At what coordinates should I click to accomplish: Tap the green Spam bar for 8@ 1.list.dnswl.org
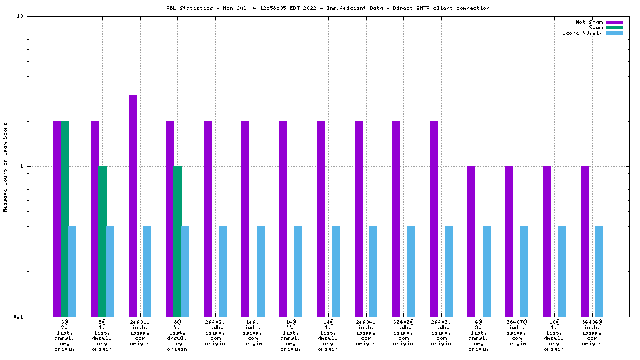pos(102,241)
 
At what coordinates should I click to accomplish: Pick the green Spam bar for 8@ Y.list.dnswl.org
pos(177,241)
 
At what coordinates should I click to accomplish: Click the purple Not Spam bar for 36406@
pos(585,241)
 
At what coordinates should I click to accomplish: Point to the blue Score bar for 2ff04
pos(373,271)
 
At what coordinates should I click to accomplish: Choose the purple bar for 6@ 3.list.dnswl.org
pos(471,241)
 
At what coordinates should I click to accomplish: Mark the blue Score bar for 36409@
pos(411,271)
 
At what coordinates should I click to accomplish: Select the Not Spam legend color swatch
pos(614,22)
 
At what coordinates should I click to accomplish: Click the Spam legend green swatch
pos(614,27)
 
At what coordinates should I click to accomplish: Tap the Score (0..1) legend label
pos(582,33)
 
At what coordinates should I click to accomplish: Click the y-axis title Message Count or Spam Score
pos(5,167)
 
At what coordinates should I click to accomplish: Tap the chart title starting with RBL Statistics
pos(327,8)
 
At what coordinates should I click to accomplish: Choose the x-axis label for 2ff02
pos(215,333)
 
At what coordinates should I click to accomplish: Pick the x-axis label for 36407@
pos(517,333)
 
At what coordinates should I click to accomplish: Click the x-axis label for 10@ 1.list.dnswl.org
pos(554,335)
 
